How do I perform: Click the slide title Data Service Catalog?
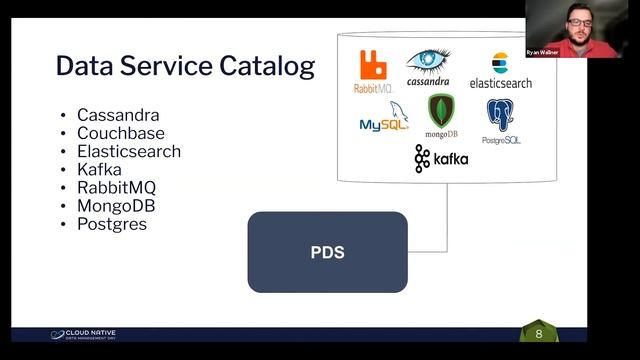point(185,67)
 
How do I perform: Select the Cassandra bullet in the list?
point(117,115)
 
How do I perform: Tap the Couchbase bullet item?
point(120,133)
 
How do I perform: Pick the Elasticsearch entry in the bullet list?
point(128,151)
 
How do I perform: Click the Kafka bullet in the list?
point(99,169)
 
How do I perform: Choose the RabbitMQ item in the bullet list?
point(116,187)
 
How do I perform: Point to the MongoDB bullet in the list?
point(116,205)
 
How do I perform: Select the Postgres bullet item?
point(111,224)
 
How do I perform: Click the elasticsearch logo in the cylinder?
point(500,70)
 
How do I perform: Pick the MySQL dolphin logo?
point(384,118)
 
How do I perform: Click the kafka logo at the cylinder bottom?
point(441,159)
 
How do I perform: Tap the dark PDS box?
point(327,252)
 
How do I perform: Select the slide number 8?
point(539,333)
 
